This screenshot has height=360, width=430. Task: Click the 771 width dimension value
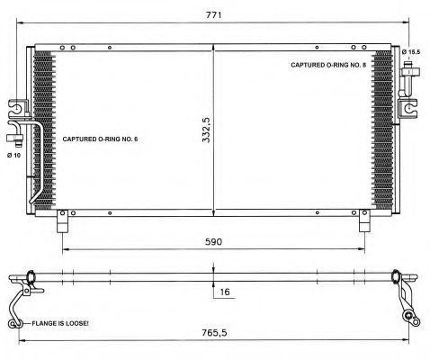click(213, 14)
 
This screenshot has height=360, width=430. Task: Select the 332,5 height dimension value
click(206, 130)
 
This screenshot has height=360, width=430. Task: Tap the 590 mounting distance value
click(213, 241)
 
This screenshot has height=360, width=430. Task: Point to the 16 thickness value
click(225, 292)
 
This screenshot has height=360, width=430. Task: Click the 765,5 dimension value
click(214, 332)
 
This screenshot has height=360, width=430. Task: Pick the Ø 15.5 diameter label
click(411, 52)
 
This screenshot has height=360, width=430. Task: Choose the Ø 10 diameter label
click(14, 155)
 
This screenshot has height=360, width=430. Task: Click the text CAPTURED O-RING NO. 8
click(328, 65)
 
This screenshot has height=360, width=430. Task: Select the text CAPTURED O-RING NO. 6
click(100, 139)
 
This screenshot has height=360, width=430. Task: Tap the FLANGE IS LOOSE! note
click(60, 323)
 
